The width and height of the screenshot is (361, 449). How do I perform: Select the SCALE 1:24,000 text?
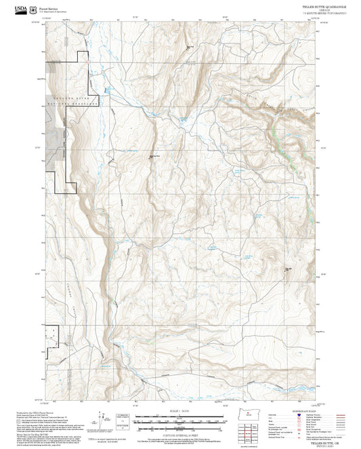179,412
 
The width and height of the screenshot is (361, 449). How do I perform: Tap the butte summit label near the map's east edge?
287,268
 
